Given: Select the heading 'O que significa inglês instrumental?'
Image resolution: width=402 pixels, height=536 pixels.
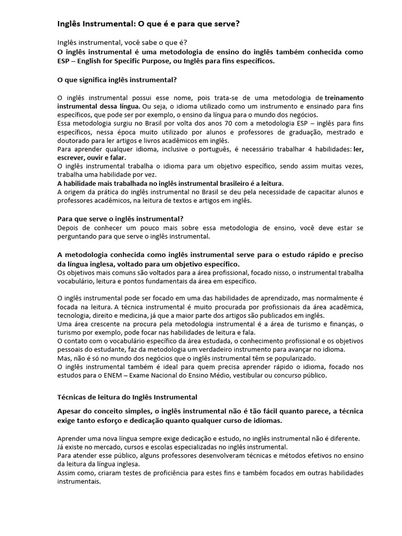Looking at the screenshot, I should coord(116,80).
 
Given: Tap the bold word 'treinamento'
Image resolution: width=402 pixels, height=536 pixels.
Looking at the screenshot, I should coord(344,98).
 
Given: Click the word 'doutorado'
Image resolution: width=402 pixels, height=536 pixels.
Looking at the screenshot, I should coord(73,140).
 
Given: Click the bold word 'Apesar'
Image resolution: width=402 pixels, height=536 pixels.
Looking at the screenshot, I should coord(71,411).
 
